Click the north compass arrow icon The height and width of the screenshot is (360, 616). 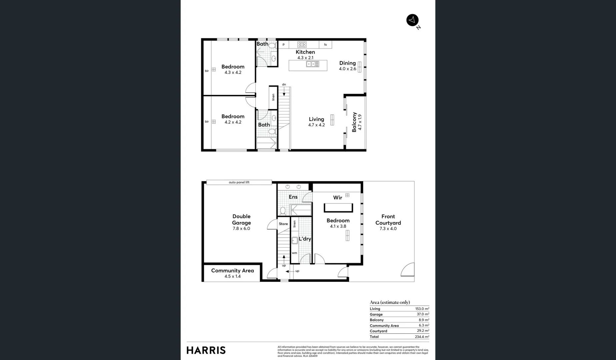click(412, 20)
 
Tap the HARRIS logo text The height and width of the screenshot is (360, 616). click(206, 350)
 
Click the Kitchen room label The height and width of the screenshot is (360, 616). click(305, 52)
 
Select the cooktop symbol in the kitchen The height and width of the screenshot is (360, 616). click(302, 45)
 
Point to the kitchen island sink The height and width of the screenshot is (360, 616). click(313, 64)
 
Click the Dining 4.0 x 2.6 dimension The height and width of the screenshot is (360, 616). click(347, 69)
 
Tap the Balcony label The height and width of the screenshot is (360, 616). click(354, 122)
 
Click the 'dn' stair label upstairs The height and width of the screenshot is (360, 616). click(284, 85)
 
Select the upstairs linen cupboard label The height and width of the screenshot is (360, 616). click(273, 97)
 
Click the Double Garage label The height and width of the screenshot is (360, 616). click(241, 220)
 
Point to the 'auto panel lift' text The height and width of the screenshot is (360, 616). click(239, 182)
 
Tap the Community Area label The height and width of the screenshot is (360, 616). click(232, 271)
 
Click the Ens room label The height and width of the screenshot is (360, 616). click(293, 197)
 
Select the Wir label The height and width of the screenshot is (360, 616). click(337, 198)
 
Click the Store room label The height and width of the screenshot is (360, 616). click(283, 224)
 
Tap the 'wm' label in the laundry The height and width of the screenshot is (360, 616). click(294, 253)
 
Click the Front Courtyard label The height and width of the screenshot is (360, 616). click(388, 220)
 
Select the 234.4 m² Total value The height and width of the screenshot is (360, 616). click(422, 337)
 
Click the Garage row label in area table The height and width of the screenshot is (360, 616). click(376, 314)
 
